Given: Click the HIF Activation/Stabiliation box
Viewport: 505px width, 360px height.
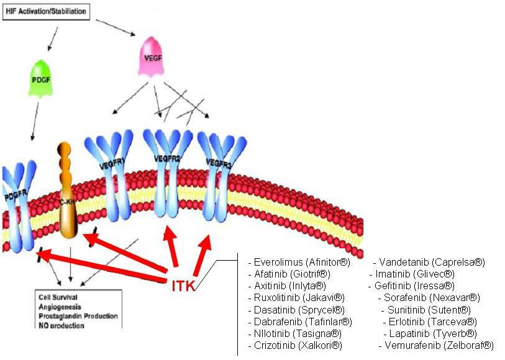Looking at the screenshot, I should [46, 12].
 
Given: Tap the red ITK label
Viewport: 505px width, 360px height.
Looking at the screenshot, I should [183, 286].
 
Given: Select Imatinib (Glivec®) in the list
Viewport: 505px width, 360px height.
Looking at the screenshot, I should [414, 274].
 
